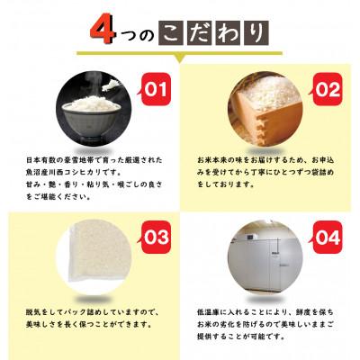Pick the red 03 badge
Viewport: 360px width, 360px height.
click(x=157, y=238)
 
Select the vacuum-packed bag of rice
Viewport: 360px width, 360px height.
click(x=80, y=261)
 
